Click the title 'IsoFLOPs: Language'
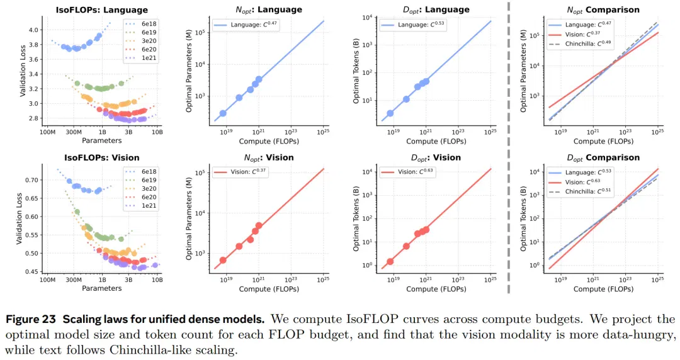tap(101, 9)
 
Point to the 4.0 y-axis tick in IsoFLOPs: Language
tap(33, 30)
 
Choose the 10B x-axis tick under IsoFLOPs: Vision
tap(157, 280)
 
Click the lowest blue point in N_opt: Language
tap(223, 113)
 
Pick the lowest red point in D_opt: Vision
tap(390, 262)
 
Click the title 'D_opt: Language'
tap(436, 10)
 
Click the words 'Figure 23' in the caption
tap(31, 319)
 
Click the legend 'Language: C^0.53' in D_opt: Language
tap(413, 25)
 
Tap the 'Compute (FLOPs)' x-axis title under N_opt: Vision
tap(269, 289)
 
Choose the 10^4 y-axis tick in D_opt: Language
tap(367, 18)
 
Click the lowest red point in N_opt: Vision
tap(223, 260)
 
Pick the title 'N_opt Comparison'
tap(603, 10)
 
